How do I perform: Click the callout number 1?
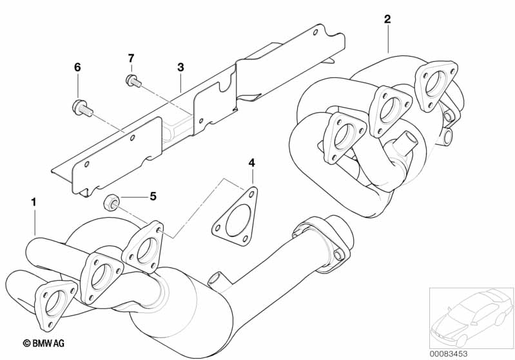click(x=34, y=202)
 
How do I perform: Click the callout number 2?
click(x=387, y=19)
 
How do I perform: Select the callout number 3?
click(x=180, y=67)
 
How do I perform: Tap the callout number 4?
click(x=253, y=163)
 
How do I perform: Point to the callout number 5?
click(x=153, y=196)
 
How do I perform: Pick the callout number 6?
click(x=78, y=67)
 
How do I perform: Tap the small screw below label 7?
click(x=130, y=81)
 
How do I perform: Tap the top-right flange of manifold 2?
click(x=437, y=80)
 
